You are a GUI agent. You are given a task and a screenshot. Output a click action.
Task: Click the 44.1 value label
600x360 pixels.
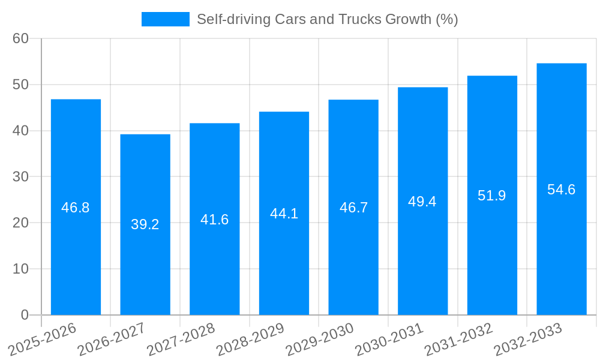[x=284, y=214]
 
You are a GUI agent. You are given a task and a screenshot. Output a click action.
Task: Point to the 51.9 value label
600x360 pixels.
[x=492, y=196]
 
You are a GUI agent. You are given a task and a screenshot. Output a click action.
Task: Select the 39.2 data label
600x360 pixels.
[x=145, y=224]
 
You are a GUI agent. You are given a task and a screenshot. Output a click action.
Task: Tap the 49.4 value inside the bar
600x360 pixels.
[x=422, y=202]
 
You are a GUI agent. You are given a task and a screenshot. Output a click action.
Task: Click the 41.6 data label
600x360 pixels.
[x=215, y=220]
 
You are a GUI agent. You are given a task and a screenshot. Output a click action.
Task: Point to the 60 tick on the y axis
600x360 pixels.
[x=21, y=38]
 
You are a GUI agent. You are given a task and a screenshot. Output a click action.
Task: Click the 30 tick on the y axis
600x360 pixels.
[x=21, y=176]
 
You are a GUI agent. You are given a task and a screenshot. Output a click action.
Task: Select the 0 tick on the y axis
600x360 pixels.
[x=25, y=315]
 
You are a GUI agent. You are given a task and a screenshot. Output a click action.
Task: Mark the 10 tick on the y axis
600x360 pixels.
[x=21, y=269]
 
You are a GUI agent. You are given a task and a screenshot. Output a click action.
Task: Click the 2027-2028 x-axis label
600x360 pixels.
[x=181, y=339]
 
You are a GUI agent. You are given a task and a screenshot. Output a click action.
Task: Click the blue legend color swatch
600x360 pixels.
[x=166, y=19]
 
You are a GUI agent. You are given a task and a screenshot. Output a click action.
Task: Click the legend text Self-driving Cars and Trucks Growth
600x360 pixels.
[x=327, y=19]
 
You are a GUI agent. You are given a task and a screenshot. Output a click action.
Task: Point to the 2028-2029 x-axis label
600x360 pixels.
[x=250, y=339]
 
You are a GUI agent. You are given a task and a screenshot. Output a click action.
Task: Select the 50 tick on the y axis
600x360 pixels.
[x=21, y=85]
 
